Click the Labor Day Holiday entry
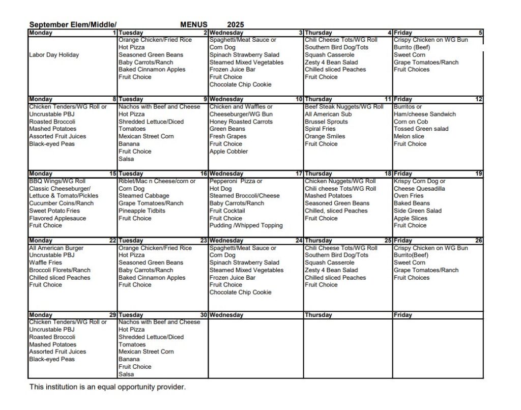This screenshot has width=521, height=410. point(54,55)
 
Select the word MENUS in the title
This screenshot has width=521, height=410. point(194,24)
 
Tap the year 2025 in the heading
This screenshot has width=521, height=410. point(236,24)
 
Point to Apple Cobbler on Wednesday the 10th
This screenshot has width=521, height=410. point(229,152)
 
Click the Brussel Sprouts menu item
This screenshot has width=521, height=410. point(327,122)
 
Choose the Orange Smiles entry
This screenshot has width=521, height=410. point(325,136)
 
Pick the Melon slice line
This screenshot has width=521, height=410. point(409,136)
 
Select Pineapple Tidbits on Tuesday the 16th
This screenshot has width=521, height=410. point(142,211)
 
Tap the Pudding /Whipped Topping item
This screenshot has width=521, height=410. point(246,225)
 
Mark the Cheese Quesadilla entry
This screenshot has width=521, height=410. point(419,189)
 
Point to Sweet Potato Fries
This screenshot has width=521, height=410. point(54,211)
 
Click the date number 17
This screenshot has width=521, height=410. point(299,173)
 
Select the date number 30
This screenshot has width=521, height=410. point(204,315)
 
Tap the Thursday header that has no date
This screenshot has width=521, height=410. point(319,315)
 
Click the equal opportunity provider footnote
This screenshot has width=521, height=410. point(107,387)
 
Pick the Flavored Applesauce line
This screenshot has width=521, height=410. point(57,218)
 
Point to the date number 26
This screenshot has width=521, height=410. point(479,241)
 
